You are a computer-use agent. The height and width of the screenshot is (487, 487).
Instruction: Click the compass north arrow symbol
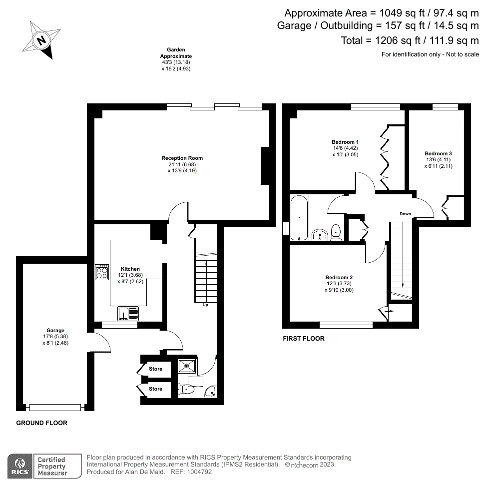[x=42, y=40]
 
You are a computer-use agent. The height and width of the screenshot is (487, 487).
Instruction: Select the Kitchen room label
[x=130, y=269]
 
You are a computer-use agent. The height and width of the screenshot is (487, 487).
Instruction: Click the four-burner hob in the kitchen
[x=102, y=272]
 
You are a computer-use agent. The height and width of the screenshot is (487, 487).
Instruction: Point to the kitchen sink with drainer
[x=129, y=314]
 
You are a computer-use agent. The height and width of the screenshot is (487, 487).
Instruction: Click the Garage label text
[x=55, y=331]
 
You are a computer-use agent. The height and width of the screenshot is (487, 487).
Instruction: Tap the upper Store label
[x=156, y=369]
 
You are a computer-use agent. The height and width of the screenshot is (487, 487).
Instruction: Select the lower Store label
[x=156, y=389]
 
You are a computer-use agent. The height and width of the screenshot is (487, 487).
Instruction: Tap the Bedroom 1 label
[x=345, y=142]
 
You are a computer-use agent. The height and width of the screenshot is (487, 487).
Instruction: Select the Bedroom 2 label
[x=339, y=278]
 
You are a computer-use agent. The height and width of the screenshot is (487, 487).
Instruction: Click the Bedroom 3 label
[x=439, y=154]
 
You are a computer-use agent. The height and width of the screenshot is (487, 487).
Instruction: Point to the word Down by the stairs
[x=405, y=214]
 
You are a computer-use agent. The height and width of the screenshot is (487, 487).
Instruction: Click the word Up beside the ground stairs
[x=205, y=305]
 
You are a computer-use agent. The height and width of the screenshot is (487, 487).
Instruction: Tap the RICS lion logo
[x=20, y=465]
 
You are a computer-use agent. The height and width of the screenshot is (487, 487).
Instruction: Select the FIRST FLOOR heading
[x=303, y=339]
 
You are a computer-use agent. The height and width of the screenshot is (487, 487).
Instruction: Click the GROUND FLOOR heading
[x=42, y=423]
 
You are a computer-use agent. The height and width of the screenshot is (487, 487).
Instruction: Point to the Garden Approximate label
[x=176, y=56]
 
